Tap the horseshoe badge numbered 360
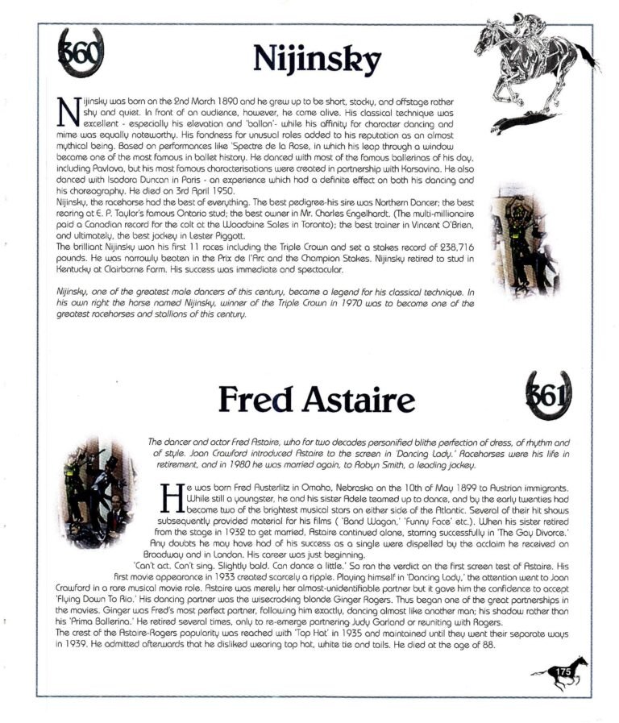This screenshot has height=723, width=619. point(81,52)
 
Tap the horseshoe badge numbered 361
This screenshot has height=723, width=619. point(547,396)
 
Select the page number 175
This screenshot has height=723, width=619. point(562,671)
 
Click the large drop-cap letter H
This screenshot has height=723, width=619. point(172,498)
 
